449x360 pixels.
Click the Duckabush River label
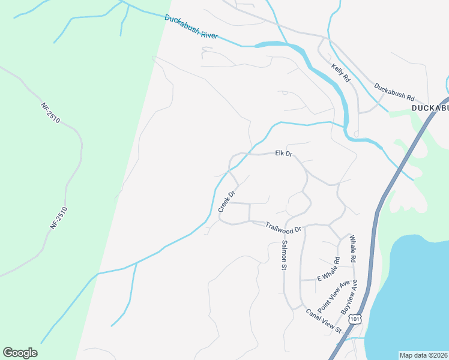tap(191, 28)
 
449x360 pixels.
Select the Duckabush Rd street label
tap(394, 92)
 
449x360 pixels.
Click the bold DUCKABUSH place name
tap(430, 107)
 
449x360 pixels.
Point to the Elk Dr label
tap(283, 154)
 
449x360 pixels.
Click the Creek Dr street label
tap(226, 201)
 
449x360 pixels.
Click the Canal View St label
tap(323, 320)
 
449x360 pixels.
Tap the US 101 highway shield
tap(356, 318)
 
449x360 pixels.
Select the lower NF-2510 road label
tap(58, 217)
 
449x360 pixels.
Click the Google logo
tap(20, 353)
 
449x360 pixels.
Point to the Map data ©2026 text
tap(424, 355)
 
